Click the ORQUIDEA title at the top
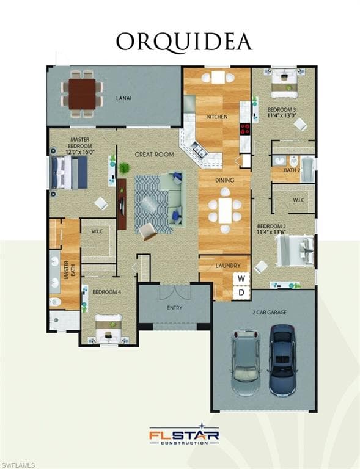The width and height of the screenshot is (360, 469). [184, 43]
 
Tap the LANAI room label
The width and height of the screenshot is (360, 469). [124, 98]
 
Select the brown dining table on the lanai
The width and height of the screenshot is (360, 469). [82, 94]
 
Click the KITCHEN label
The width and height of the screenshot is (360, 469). [217, 117]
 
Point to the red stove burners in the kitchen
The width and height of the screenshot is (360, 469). [245, 129]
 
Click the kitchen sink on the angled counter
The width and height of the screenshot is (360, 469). [200, 150]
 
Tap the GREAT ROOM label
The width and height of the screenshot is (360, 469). [155, 155]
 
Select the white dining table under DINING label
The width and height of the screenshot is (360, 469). [225, 210]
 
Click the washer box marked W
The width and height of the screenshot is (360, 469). [241, 278]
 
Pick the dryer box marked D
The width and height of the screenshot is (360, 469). [241, 293]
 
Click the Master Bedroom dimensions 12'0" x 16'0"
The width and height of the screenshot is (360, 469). [80, 151]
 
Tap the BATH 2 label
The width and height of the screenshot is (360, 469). [292, 170]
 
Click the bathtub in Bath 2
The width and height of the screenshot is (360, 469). [307, 169]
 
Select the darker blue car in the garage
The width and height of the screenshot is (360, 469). [283, 360]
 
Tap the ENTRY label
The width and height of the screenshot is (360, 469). [174, 308]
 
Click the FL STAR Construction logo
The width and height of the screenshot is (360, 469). [184, 434]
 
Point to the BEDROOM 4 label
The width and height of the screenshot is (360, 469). [107, 292]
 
